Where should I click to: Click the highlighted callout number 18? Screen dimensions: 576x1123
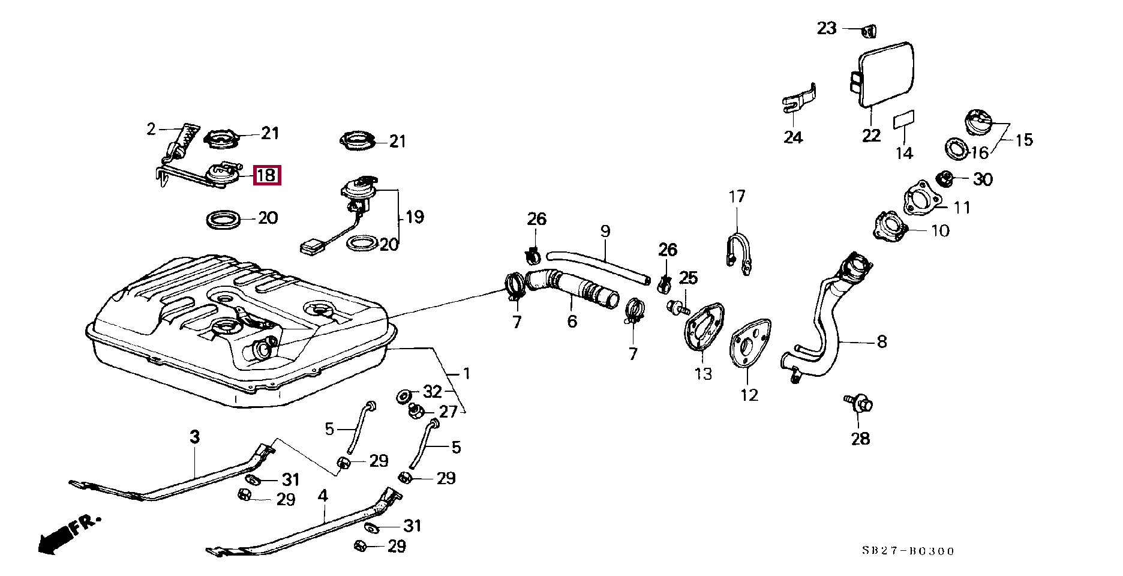(266, 175)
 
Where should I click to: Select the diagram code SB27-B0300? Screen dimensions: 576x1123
(908, 551)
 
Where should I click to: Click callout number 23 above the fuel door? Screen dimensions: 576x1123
(827, 28)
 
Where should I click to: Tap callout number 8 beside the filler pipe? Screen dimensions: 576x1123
(881, 341)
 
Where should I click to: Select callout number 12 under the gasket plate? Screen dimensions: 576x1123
(749, 395)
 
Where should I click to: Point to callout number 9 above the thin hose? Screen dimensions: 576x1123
(605, 231)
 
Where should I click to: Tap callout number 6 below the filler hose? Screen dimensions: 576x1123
(572, 322)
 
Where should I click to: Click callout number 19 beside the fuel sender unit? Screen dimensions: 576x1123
(415, 217)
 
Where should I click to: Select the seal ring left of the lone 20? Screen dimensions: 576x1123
(224, 219)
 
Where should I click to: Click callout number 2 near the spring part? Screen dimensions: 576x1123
(151, 129)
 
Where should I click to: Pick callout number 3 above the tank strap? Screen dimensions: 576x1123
(194, 437)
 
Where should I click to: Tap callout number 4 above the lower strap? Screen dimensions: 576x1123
(323, 496)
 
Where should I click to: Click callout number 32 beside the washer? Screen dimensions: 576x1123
(433, 392)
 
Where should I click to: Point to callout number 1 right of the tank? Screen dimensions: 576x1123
(466, 373)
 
